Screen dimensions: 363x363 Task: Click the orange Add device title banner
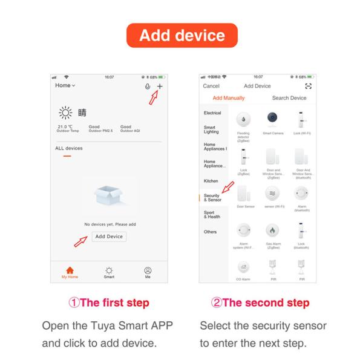click(x=181, y=35)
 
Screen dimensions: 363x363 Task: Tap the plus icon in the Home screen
click(x=160, y=87)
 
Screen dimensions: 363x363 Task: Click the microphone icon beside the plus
click(x=148, y=87)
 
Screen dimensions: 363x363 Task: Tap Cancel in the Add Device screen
click(x=211, y=86)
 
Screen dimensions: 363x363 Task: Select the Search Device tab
click(x=289, y=98)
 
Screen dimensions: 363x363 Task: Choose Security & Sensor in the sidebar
click(x=212, y=198)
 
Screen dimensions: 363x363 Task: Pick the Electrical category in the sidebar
click(x=212, y=113)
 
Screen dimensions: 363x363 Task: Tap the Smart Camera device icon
click(x=270, y=119)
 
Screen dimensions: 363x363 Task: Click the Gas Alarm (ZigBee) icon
click(x=270, y=231)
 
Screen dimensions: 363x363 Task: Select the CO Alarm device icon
click(x=243, y=267)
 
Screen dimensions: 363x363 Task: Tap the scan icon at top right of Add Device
click(x=308, y=86)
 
